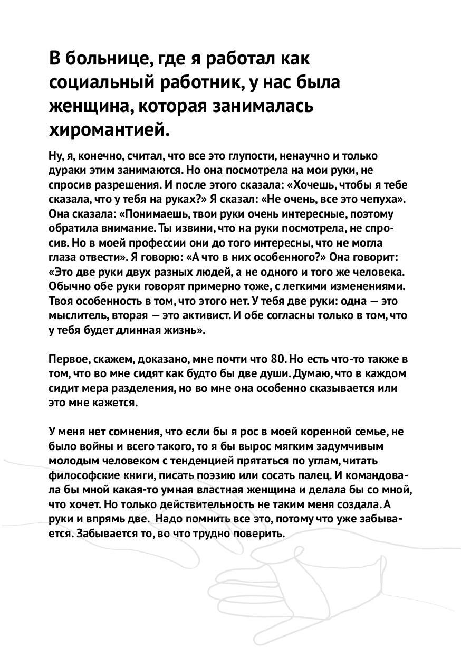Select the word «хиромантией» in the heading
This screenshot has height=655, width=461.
point(110,129)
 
